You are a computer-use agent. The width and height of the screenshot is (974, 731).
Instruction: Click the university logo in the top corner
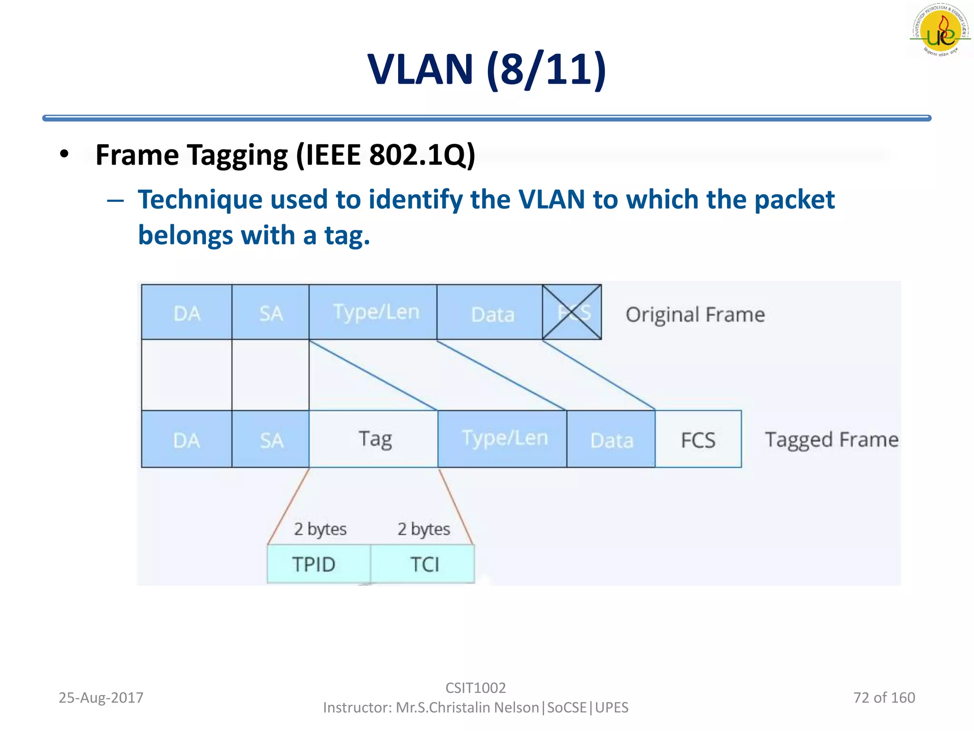[940, 30]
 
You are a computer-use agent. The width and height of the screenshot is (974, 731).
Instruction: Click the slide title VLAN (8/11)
[487, 69]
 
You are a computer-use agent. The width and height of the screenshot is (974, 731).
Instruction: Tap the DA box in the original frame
[186, 313]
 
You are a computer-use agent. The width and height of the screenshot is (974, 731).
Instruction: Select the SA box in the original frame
[271, 313]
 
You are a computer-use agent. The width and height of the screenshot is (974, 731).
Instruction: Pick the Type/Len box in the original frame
[373, 313]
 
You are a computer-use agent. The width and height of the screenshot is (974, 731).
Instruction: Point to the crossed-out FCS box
[572, 313]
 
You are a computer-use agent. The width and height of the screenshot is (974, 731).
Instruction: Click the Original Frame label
[695, 315]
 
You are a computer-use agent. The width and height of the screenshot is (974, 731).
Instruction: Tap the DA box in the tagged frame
[186, 440]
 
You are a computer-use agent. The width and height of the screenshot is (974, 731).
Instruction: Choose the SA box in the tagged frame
[271, 440]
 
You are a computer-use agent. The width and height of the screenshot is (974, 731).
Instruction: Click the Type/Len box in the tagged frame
[503, 439]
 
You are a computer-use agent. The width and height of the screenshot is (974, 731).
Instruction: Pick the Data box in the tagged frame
[611, 440]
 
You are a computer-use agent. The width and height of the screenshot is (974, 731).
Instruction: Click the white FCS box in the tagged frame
[698, 440]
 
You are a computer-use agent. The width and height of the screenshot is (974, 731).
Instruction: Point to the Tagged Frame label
[831, 440]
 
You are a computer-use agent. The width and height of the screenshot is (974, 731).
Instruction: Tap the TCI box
[423, 564]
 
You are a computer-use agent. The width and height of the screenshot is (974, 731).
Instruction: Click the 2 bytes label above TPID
[320, 529]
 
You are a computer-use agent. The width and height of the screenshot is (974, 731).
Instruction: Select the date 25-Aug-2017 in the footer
[101, 697]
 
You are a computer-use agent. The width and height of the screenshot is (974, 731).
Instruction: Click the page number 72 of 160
[884, 697]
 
